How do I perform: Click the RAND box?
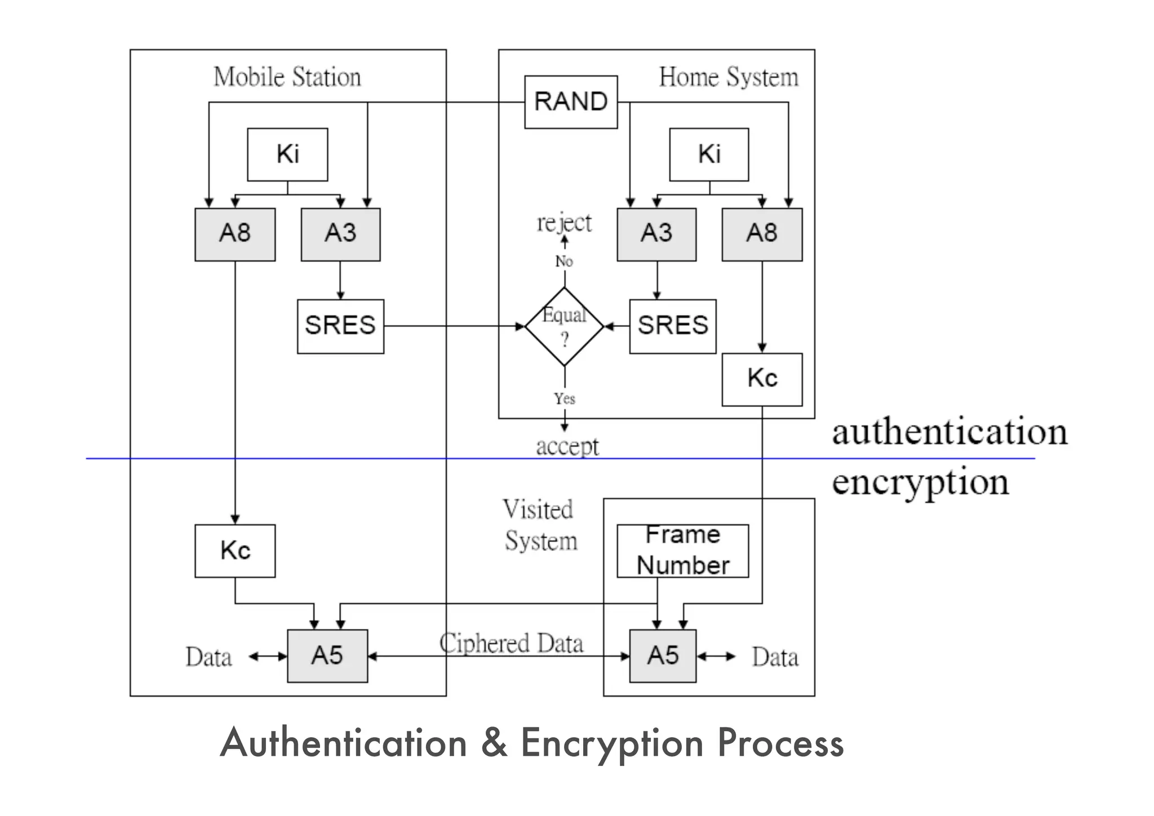(x=571, y=102)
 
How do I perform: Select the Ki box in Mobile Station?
(x=287, y=154)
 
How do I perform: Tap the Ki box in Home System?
(x=709, y=154)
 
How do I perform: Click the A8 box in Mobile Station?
(x=235, y=234)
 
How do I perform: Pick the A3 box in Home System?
(x=656, y=234)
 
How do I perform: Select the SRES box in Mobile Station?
(x=340, y=326)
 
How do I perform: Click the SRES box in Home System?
(x=673, y=326)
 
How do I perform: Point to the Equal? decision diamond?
(x=565, y=326)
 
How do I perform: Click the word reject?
(x=564, y=223)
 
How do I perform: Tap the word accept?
(x=567, y=446)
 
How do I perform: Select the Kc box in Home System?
(x=762, y=379)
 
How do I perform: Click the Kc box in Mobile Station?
(x=235, y=551)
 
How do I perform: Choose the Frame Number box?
(x=682, y=551)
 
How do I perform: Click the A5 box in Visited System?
(x=663, y=656)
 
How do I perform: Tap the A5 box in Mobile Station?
(x=327, y=656)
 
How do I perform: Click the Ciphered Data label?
(x=511, y=644)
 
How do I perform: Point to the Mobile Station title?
(x=287, y=77)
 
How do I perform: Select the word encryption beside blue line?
(x=920, y=482)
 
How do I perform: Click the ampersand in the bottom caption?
(x=494, y=743)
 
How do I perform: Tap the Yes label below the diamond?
(x=564, y=399)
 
